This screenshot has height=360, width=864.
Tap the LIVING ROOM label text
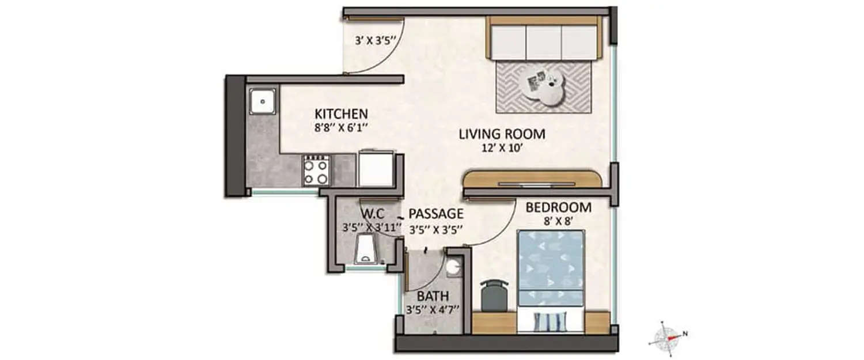coord(502,135)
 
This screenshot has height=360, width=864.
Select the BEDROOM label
coord(558,207)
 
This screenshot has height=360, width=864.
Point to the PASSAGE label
coord(436,214)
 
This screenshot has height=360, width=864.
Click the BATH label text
coord(433,297)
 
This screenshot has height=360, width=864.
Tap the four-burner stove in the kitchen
coord(316,170)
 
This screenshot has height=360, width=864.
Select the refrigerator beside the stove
coord(376,169)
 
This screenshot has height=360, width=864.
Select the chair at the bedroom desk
coord(494,296)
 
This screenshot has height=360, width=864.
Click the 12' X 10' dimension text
coord(502,148)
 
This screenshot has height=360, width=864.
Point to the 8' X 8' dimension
coord(558,221)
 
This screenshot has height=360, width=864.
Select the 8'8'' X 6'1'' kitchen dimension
coord(341,127)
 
